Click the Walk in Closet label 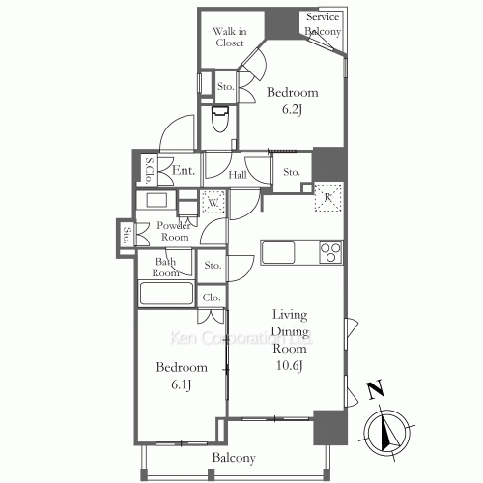tap(230, 37)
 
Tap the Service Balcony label tap(324, 25)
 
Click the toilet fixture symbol tap(219, 120)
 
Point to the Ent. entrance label tap(184, 171)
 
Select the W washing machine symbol tap(213, 203)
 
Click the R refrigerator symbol tap(329, 197)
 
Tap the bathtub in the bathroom tap(167, 294)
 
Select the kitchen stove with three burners tap(330, 253)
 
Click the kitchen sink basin tap(278, 253)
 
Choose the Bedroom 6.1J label tap(182, 376)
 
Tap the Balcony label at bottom tap(233, 458)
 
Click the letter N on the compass tap(372, 393)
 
